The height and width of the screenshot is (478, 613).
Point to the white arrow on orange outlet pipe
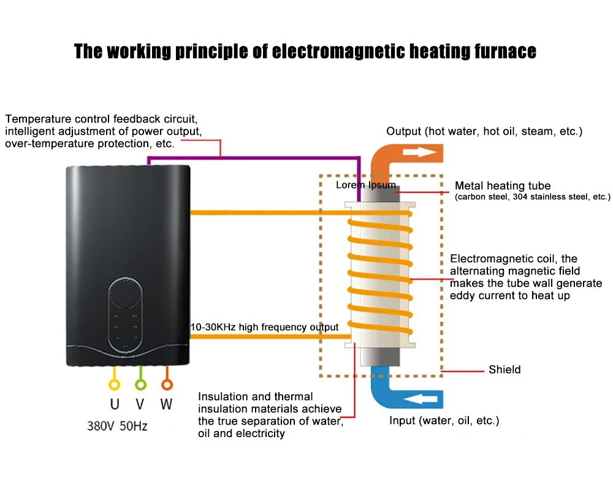click(424, 150)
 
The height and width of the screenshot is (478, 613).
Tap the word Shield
click(504, 370)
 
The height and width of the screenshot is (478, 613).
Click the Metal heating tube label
click(503, 186)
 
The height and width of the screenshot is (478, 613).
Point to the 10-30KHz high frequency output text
click(264, 327)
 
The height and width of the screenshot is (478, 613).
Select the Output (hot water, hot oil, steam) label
click(484, 132)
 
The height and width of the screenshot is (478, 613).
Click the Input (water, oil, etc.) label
click(444, 421)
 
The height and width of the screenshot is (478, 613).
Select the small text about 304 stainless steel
click(533, 197)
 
